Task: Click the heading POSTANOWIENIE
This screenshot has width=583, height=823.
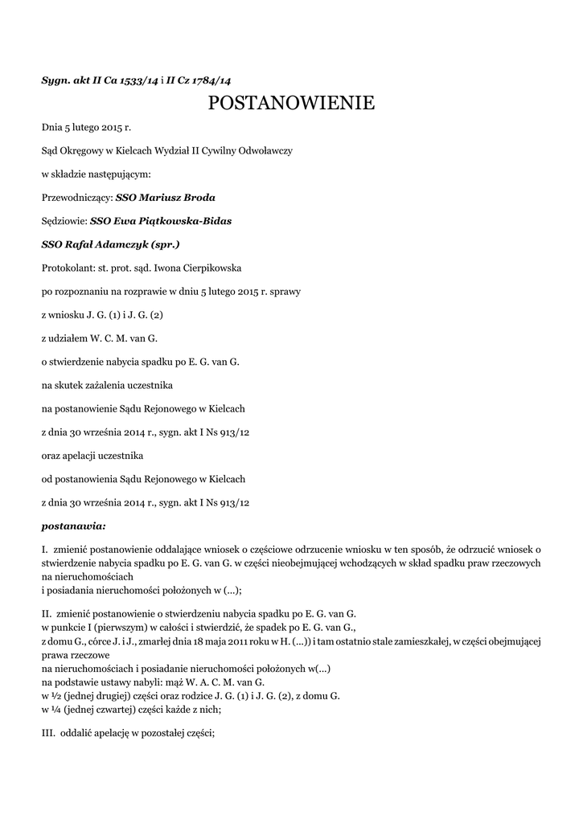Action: click(x=291, y=103)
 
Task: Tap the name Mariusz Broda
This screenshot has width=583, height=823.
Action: click(x=177, y=197)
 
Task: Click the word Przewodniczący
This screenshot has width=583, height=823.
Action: click(x=76, y=197)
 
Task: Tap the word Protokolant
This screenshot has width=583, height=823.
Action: click(x=68, y=267)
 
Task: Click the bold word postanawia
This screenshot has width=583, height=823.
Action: click(x=73, y=527)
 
